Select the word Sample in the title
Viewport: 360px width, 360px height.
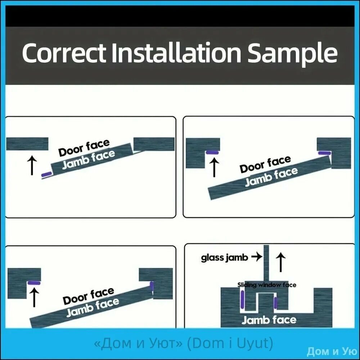(x=292, y=54)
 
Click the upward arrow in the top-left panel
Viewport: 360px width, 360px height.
(x=32, y=165)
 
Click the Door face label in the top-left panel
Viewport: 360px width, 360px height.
(x=84, y=148)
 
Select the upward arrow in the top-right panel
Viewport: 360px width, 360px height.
(x=214, y=167)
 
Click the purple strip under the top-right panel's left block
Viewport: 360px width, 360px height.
(x=212, y=152)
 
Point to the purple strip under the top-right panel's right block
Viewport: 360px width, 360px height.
(x=325, y=153)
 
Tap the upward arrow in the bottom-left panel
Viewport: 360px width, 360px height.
(x=34, y=297)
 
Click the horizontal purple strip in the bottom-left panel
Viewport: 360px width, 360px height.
(x=34, y=283)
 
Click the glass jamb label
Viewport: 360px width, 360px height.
(x=225, y=258)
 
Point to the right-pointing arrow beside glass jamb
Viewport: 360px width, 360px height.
(x=257, y=257)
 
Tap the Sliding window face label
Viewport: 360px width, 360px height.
(x=267, y=285)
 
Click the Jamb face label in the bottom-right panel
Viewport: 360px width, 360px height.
(x=269, y=320)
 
